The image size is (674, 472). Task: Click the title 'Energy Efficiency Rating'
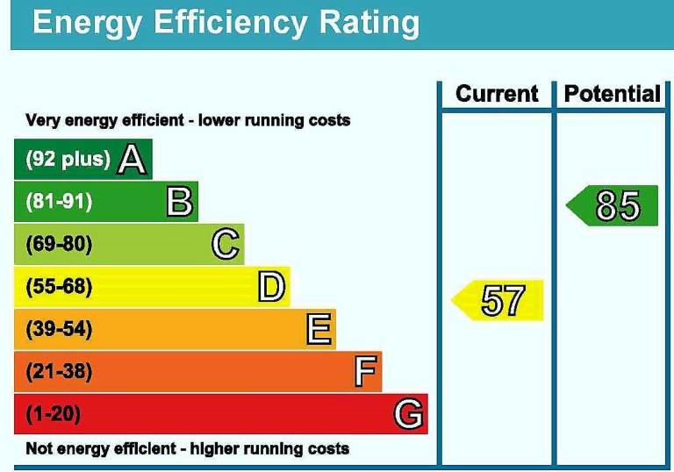click(x=226, y=23)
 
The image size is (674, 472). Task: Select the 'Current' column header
click(x=497, y=94)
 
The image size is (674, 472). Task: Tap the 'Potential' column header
click(x=612, y=94)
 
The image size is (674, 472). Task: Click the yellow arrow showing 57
click(x=499, y=301)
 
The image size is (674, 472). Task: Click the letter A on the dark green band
click(x=132, y=160)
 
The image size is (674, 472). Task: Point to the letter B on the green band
click(x=179, y=203)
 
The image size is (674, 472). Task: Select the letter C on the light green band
click(x=226, y=244)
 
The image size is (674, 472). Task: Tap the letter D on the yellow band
click(x=271, y=287)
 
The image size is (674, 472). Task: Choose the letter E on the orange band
click(x=319, y=330)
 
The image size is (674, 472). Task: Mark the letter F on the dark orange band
click(x=366, y=372)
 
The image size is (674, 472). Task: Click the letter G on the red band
click(x=408, y=413)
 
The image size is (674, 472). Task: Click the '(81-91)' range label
click(x=59, y=203)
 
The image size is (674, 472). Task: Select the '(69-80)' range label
click(x=59, y=244)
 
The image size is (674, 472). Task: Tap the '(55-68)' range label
click(x=59, y=287)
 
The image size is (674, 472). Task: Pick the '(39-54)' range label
click(x=59, y=330)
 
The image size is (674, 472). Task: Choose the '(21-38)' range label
click(x=59, y=372)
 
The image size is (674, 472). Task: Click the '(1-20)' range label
click(x=54, y=413)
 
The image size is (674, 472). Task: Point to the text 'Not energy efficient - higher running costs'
click(x=187, y=449)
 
